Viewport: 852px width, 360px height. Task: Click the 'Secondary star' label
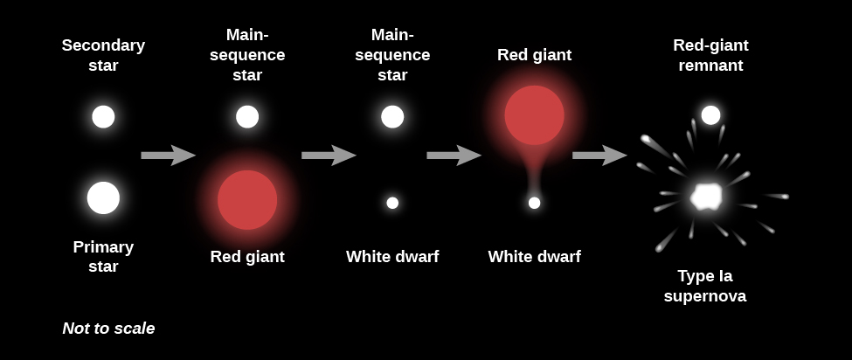click(x=103, y=55)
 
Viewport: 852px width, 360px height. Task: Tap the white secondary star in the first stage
click(x=103, y=116)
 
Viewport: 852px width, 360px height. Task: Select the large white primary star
click(x=103, y=197)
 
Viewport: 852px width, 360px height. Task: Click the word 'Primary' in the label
click(x=103, y=247)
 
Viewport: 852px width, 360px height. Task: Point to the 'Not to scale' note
click(x=108, y=329)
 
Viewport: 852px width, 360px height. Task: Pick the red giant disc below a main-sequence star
click(x=247, y=199)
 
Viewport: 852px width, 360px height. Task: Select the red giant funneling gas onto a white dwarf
click(x=534, y=114)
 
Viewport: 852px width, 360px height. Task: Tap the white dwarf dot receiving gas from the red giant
click(x=534, y=203)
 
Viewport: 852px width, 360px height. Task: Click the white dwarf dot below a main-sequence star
click(x=392, y=203)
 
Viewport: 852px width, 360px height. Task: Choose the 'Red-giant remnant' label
click(x=710, y=55)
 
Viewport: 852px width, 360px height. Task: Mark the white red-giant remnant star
click(x=710, y=115)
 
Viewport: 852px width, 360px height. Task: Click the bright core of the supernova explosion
click(x=705, y=196)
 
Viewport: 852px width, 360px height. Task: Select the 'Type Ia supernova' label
click(x=704, y=286)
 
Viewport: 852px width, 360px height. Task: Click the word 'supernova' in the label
click(x=704, y=296)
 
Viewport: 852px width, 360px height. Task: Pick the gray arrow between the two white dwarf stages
click(x=454, y=156)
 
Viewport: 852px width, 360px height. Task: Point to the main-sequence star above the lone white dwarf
click(x=392, y=116)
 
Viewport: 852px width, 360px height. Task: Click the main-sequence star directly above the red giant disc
click(x=247, y=116)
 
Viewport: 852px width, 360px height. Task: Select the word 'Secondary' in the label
click(x=103, y=45)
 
